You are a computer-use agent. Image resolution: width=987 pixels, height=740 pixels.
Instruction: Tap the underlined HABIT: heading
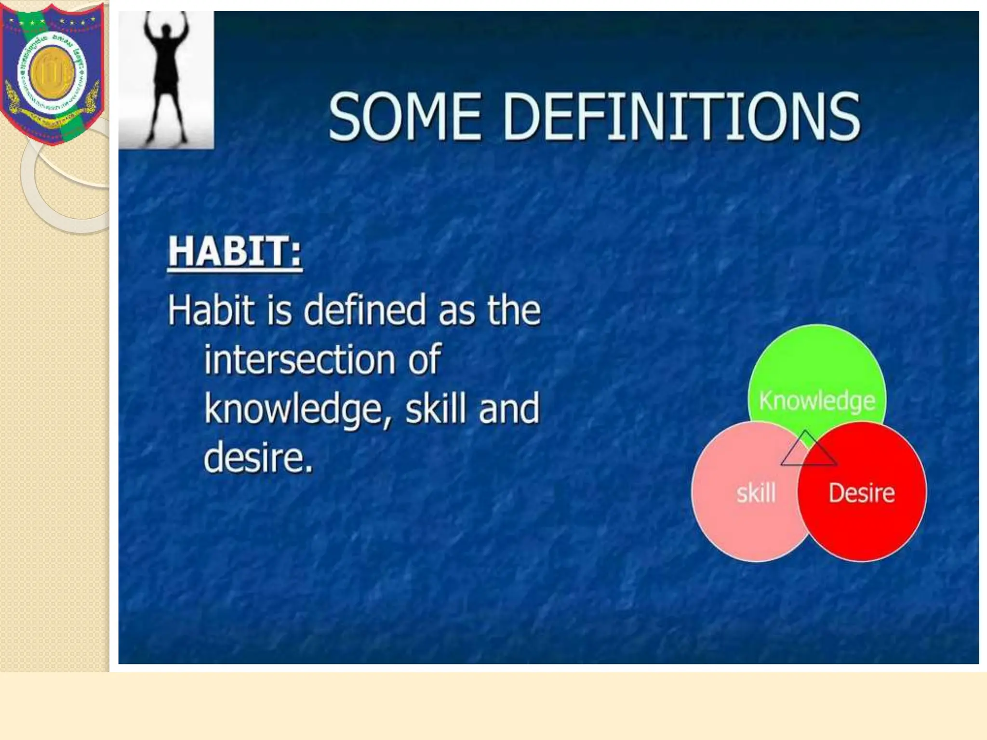click(x=235, y=251)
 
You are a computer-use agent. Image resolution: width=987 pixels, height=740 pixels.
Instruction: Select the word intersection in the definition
click(x=299, y=359)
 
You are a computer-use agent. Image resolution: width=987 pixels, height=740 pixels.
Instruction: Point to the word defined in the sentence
click(x=365, y=310)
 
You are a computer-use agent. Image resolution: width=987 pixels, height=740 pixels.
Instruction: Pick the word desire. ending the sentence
click(x=258, y=457)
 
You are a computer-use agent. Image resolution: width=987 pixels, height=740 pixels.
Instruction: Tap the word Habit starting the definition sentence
click(x=211, y=310)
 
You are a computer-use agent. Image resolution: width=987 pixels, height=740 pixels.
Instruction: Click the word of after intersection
click(x=424, y=359)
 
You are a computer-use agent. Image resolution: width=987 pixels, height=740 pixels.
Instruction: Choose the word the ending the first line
click(x=514, y=310)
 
